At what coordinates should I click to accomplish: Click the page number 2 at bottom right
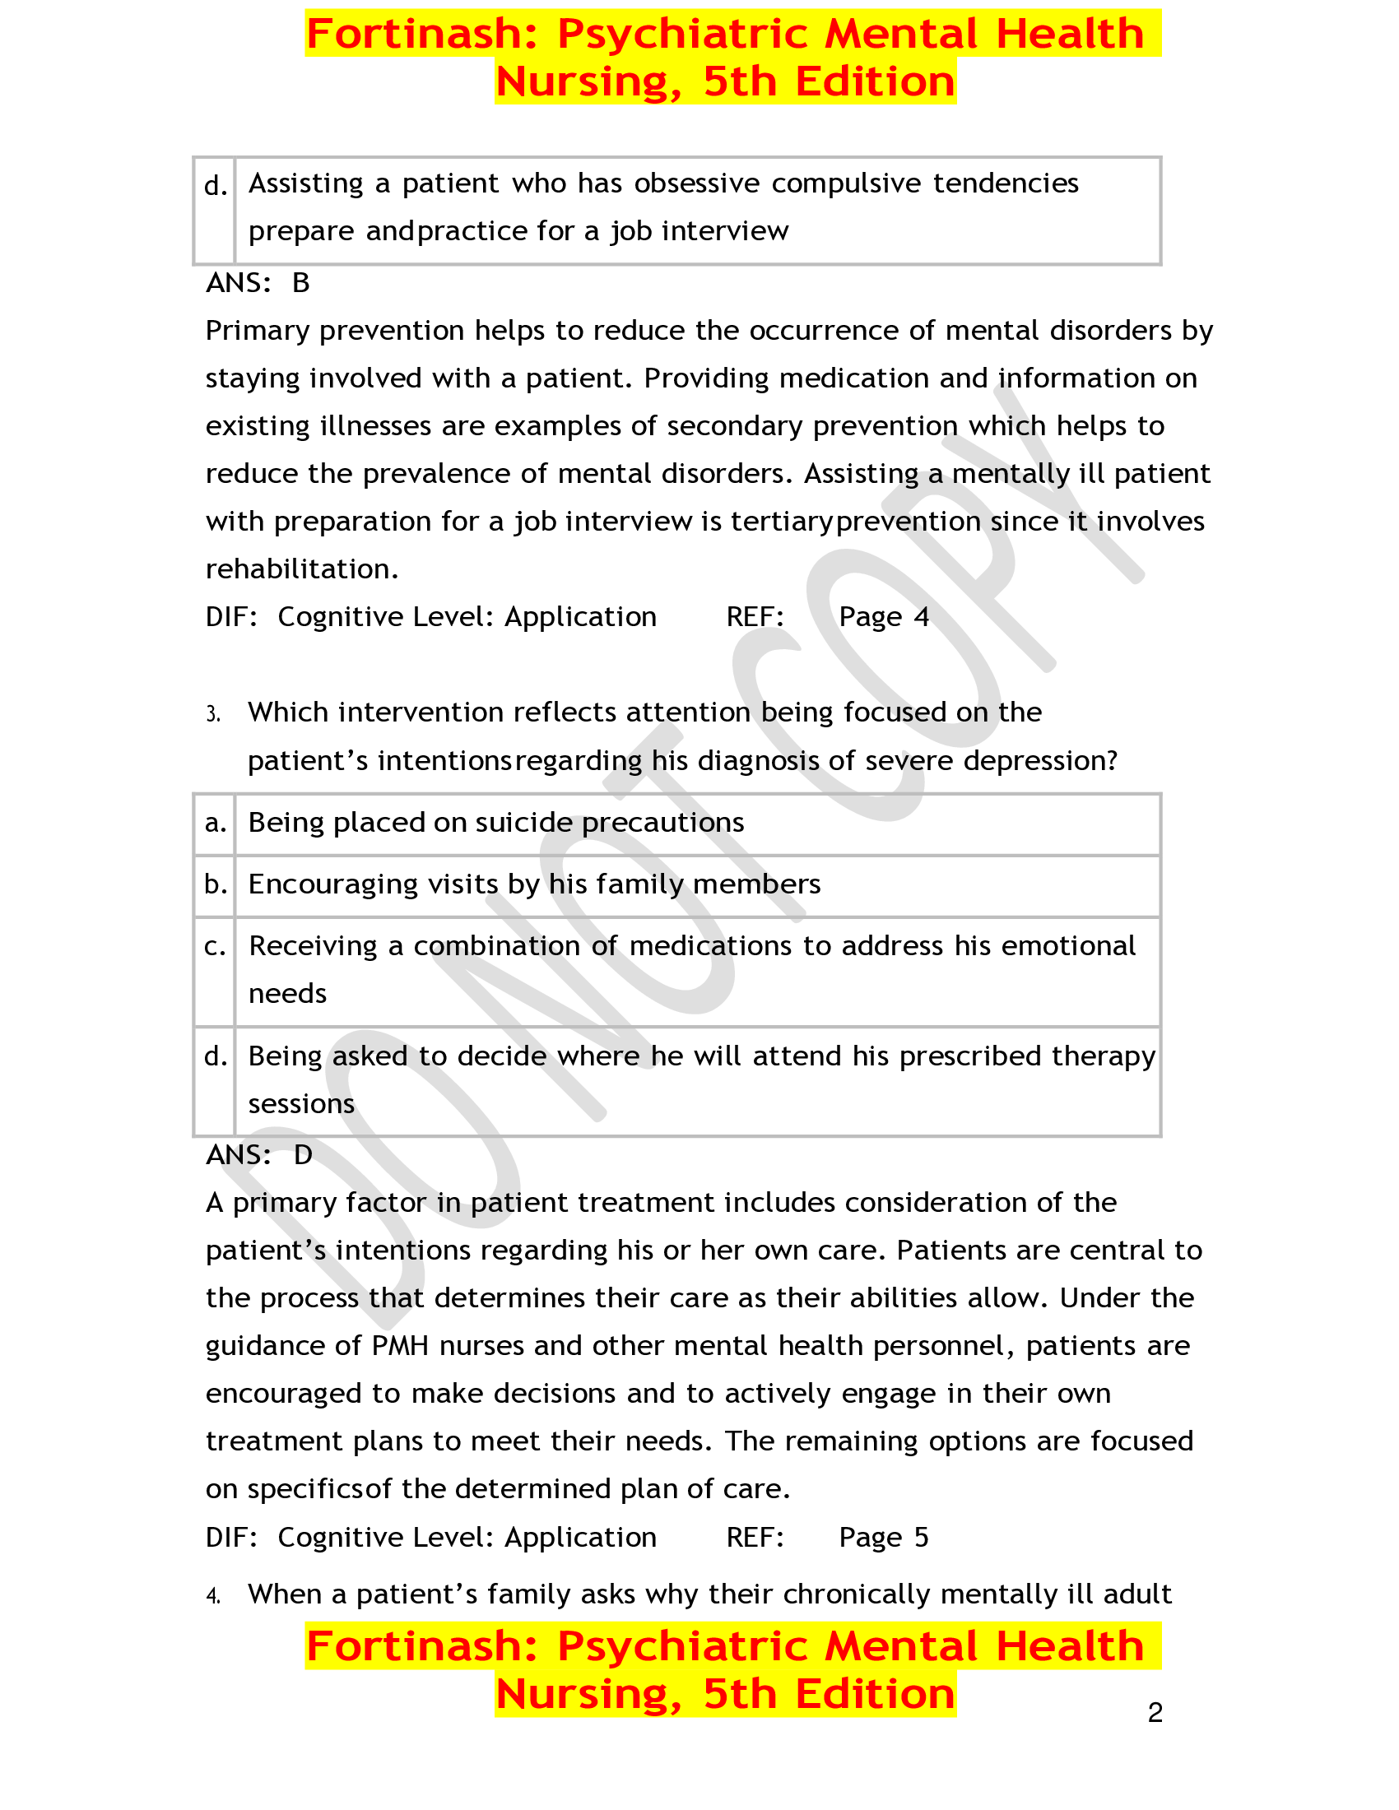click(x=1155, y=1712)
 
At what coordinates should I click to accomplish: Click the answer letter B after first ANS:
click(x=301, y=284)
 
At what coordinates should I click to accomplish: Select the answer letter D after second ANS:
click(x=303, y=1154)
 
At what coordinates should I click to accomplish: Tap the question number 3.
click(x=213, y=714)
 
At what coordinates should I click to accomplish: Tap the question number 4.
click(x=213, y=1595)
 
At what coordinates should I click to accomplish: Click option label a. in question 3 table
click(x=216, y=823)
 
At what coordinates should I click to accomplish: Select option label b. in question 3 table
click(x=216, y=884)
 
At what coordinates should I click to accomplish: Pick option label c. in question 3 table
click(x=216, y=946)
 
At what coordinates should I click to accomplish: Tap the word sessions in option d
click(x=301, y=1104)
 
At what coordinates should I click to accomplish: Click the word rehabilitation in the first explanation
click(x=301, y=569)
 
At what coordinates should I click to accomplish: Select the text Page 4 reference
click(x=884, y=617)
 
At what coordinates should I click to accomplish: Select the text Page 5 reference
click(x=884, y=1538)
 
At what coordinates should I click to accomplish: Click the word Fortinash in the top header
click(x=423, y=34)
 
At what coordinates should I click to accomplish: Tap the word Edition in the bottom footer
click(x=874, y=1693)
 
